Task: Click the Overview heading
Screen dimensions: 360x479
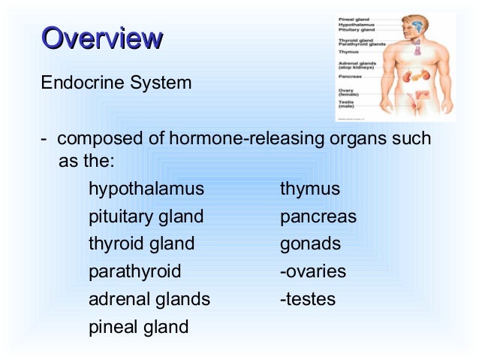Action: (102, 38)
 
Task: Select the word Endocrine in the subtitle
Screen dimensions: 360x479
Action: (74, 82)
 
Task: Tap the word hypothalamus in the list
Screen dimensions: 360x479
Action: (146, 188)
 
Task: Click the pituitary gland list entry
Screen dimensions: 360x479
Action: (146, 216)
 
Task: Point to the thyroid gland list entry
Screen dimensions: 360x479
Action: (141, 244)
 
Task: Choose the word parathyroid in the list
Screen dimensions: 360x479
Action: (134, 271)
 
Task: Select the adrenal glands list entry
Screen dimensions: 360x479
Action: (149, 299)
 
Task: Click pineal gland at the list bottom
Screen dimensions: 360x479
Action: (138, 327)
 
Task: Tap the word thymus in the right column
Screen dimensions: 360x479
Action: (309, 189)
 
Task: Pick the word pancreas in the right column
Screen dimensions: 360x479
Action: (318, 216)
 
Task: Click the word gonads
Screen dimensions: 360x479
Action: (310, 244)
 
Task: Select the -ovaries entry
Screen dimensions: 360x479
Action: (312, 271)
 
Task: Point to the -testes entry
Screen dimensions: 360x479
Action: (307, 299)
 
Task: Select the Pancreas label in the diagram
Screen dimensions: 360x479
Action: (351, 77)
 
